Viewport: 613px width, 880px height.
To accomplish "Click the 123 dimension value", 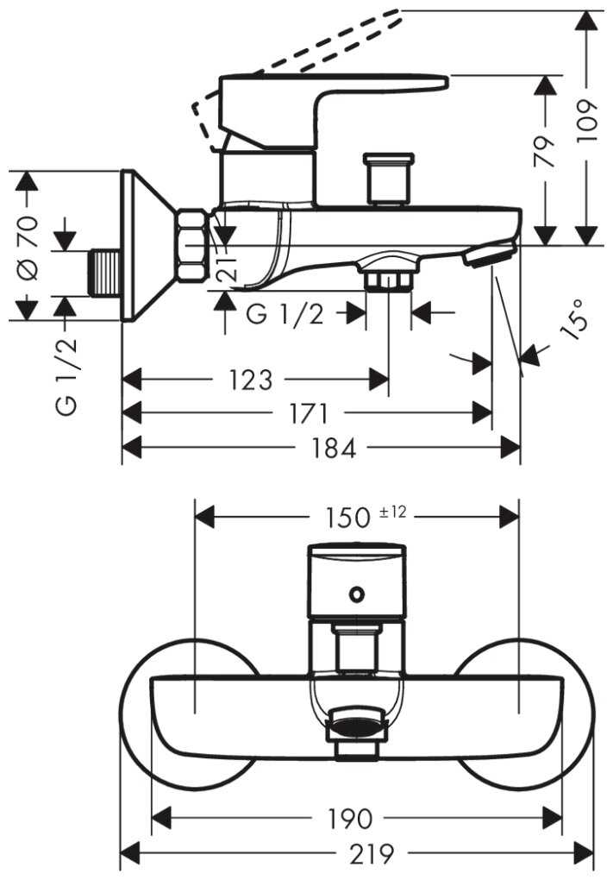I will click(252, 380).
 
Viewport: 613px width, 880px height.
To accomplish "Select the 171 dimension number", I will click(310, 414).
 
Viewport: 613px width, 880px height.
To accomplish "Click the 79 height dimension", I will click(545, 151).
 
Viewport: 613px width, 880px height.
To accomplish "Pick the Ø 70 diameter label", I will click(28, 247).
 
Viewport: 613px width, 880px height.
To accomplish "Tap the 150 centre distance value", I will click(348, 517).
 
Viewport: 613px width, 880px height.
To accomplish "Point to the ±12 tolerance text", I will click(392, 512).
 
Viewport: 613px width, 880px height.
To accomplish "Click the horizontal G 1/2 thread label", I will click(285, 314).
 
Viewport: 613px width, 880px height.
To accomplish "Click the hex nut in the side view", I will click(193, 246).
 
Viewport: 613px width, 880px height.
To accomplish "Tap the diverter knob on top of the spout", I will click(389, 179).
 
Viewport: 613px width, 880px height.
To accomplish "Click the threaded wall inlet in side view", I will click(105, 273).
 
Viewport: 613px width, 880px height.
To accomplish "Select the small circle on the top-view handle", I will click(355, 594).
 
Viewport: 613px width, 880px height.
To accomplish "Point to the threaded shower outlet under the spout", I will click(388, 280).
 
